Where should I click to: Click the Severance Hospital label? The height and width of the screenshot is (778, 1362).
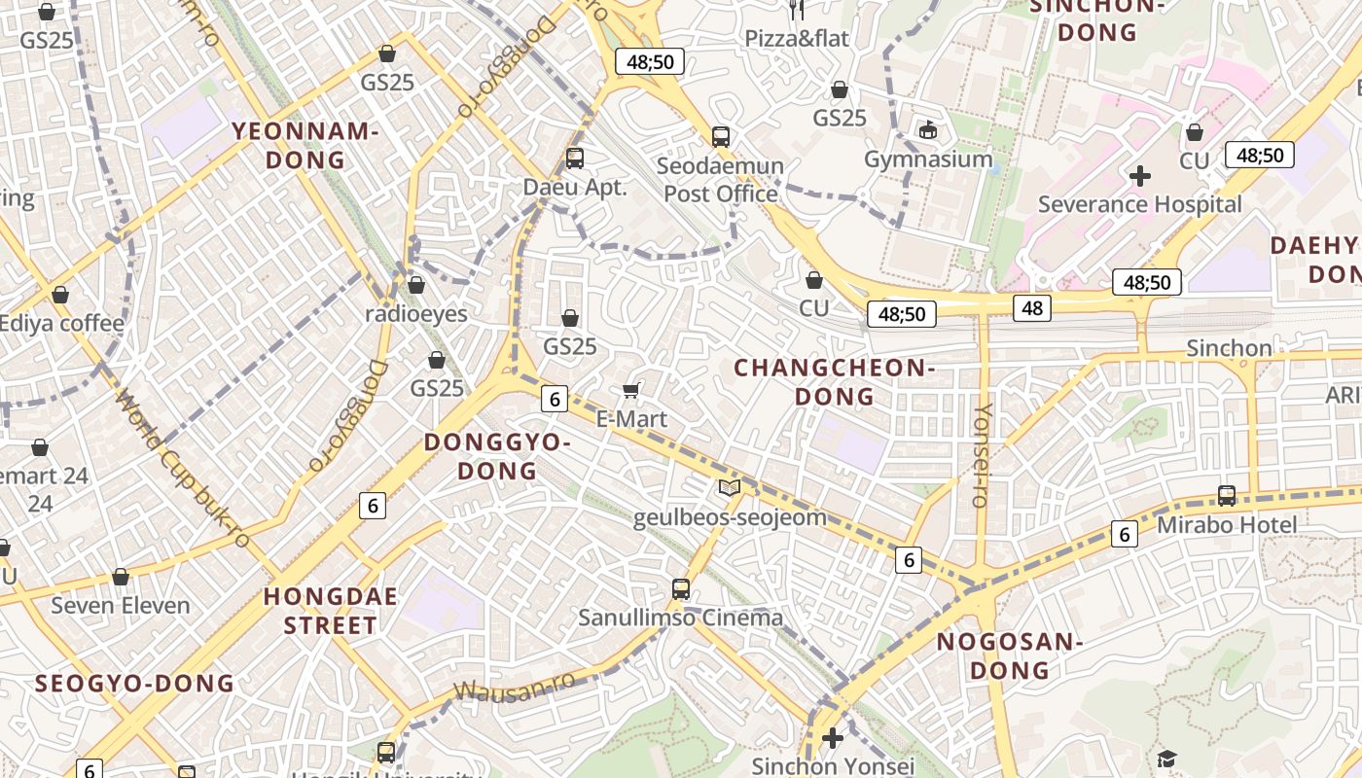pos(1139,204)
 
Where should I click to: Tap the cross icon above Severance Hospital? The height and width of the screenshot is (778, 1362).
pos(1139,176)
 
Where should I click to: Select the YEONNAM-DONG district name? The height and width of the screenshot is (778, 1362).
pos(303,145)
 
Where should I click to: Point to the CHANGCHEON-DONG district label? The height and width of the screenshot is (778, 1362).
pos(834,381)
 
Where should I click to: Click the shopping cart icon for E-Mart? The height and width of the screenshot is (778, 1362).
pos(630,391)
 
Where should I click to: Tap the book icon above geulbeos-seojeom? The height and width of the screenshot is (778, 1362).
pos(729,487)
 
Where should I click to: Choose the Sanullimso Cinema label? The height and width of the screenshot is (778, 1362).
pos(680,618)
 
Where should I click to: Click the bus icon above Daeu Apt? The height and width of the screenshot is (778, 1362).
pos(575,158)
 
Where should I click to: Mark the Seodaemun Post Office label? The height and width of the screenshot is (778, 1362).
pos(720,180)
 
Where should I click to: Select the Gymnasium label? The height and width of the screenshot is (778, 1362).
pos(928,159)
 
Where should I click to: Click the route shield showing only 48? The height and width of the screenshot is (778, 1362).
pos(1031,308)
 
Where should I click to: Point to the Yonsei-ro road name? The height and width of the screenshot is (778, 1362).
pos(982,454)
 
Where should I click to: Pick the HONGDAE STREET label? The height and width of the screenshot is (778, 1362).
pos(331,611)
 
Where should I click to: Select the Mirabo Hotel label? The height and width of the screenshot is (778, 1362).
pos(1226,525)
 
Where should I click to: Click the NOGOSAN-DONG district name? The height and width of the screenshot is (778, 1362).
pos(1010,655)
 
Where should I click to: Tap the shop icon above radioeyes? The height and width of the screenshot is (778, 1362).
pos(416,285)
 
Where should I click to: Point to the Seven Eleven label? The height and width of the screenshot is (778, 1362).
pos(121,606)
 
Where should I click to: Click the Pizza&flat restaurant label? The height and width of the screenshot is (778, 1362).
pos(797,38)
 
